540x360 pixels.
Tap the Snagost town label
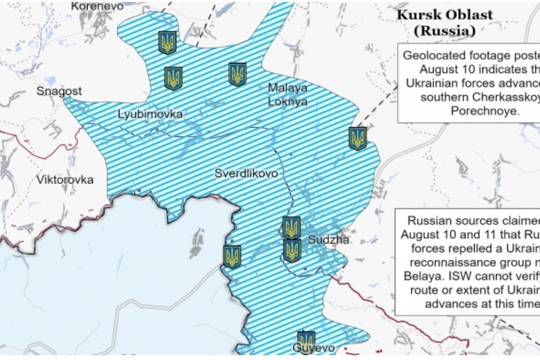point(60,91)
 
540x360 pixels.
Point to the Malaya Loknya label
point(287,95)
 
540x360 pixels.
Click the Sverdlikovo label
point(246,173)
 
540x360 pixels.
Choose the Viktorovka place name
point(65,180)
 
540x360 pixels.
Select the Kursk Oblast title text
point(445,15)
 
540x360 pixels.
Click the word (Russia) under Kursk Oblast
point(444,31)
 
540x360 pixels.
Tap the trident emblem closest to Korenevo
point(167,43)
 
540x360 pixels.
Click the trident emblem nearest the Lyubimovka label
point(173,78)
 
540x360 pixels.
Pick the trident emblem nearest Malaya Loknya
point(237,74)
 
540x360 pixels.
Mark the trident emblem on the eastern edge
point(358,138)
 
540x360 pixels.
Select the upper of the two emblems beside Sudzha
point(291,227)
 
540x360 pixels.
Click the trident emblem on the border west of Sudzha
point(232,256)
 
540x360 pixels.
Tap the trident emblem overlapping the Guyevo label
point(306,341)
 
